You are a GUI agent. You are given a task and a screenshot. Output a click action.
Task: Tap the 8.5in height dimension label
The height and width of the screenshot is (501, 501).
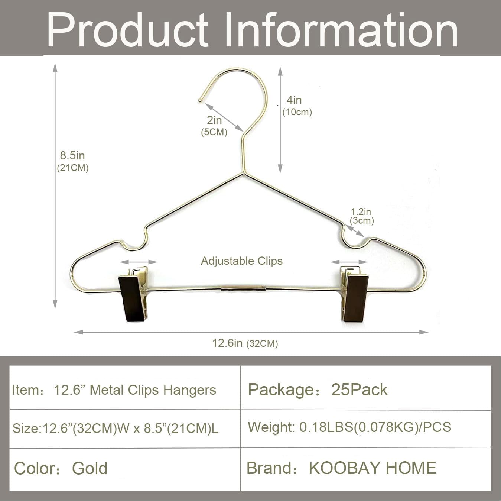[x=72, y=156]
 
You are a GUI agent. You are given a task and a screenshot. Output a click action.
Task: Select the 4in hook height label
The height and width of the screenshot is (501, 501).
[x=294, y=100]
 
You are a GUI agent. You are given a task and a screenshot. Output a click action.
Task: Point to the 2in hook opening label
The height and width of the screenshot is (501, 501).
[x=214, y=120]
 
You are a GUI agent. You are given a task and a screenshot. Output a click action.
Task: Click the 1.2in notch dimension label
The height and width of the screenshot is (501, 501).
[x=361, y=212]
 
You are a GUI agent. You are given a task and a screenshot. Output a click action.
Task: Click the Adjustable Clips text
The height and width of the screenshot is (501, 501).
[x=242, y=261]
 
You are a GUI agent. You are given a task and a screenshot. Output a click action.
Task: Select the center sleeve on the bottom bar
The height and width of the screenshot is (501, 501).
[x=243, y=289]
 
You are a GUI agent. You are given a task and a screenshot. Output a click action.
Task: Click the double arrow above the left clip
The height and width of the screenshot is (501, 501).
[x=139, y=262]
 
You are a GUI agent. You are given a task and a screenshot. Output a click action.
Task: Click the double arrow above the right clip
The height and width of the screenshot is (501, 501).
[x=349, y=262]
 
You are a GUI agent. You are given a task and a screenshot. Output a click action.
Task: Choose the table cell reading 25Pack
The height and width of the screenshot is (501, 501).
[x=359, y=390]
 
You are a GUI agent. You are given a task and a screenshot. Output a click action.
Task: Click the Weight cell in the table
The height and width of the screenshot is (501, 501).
[x=349, y=427]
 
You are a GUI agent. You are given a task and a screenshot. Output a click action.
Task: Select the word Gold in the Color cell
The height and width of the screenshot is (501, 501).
[x=90, y=468]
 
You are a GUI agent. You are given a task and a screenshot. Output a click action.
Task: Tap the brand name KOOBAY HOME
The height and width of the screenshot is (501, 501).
[x=373, y=468]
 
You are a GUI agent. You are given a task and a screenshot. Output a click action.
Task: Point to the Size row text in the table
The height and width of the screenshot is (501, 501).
[x=116, y=429]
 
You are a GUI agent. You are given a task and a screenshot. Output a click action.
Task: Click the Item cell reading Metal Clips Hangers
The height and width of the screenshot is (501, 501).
[x=135, y=390]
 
